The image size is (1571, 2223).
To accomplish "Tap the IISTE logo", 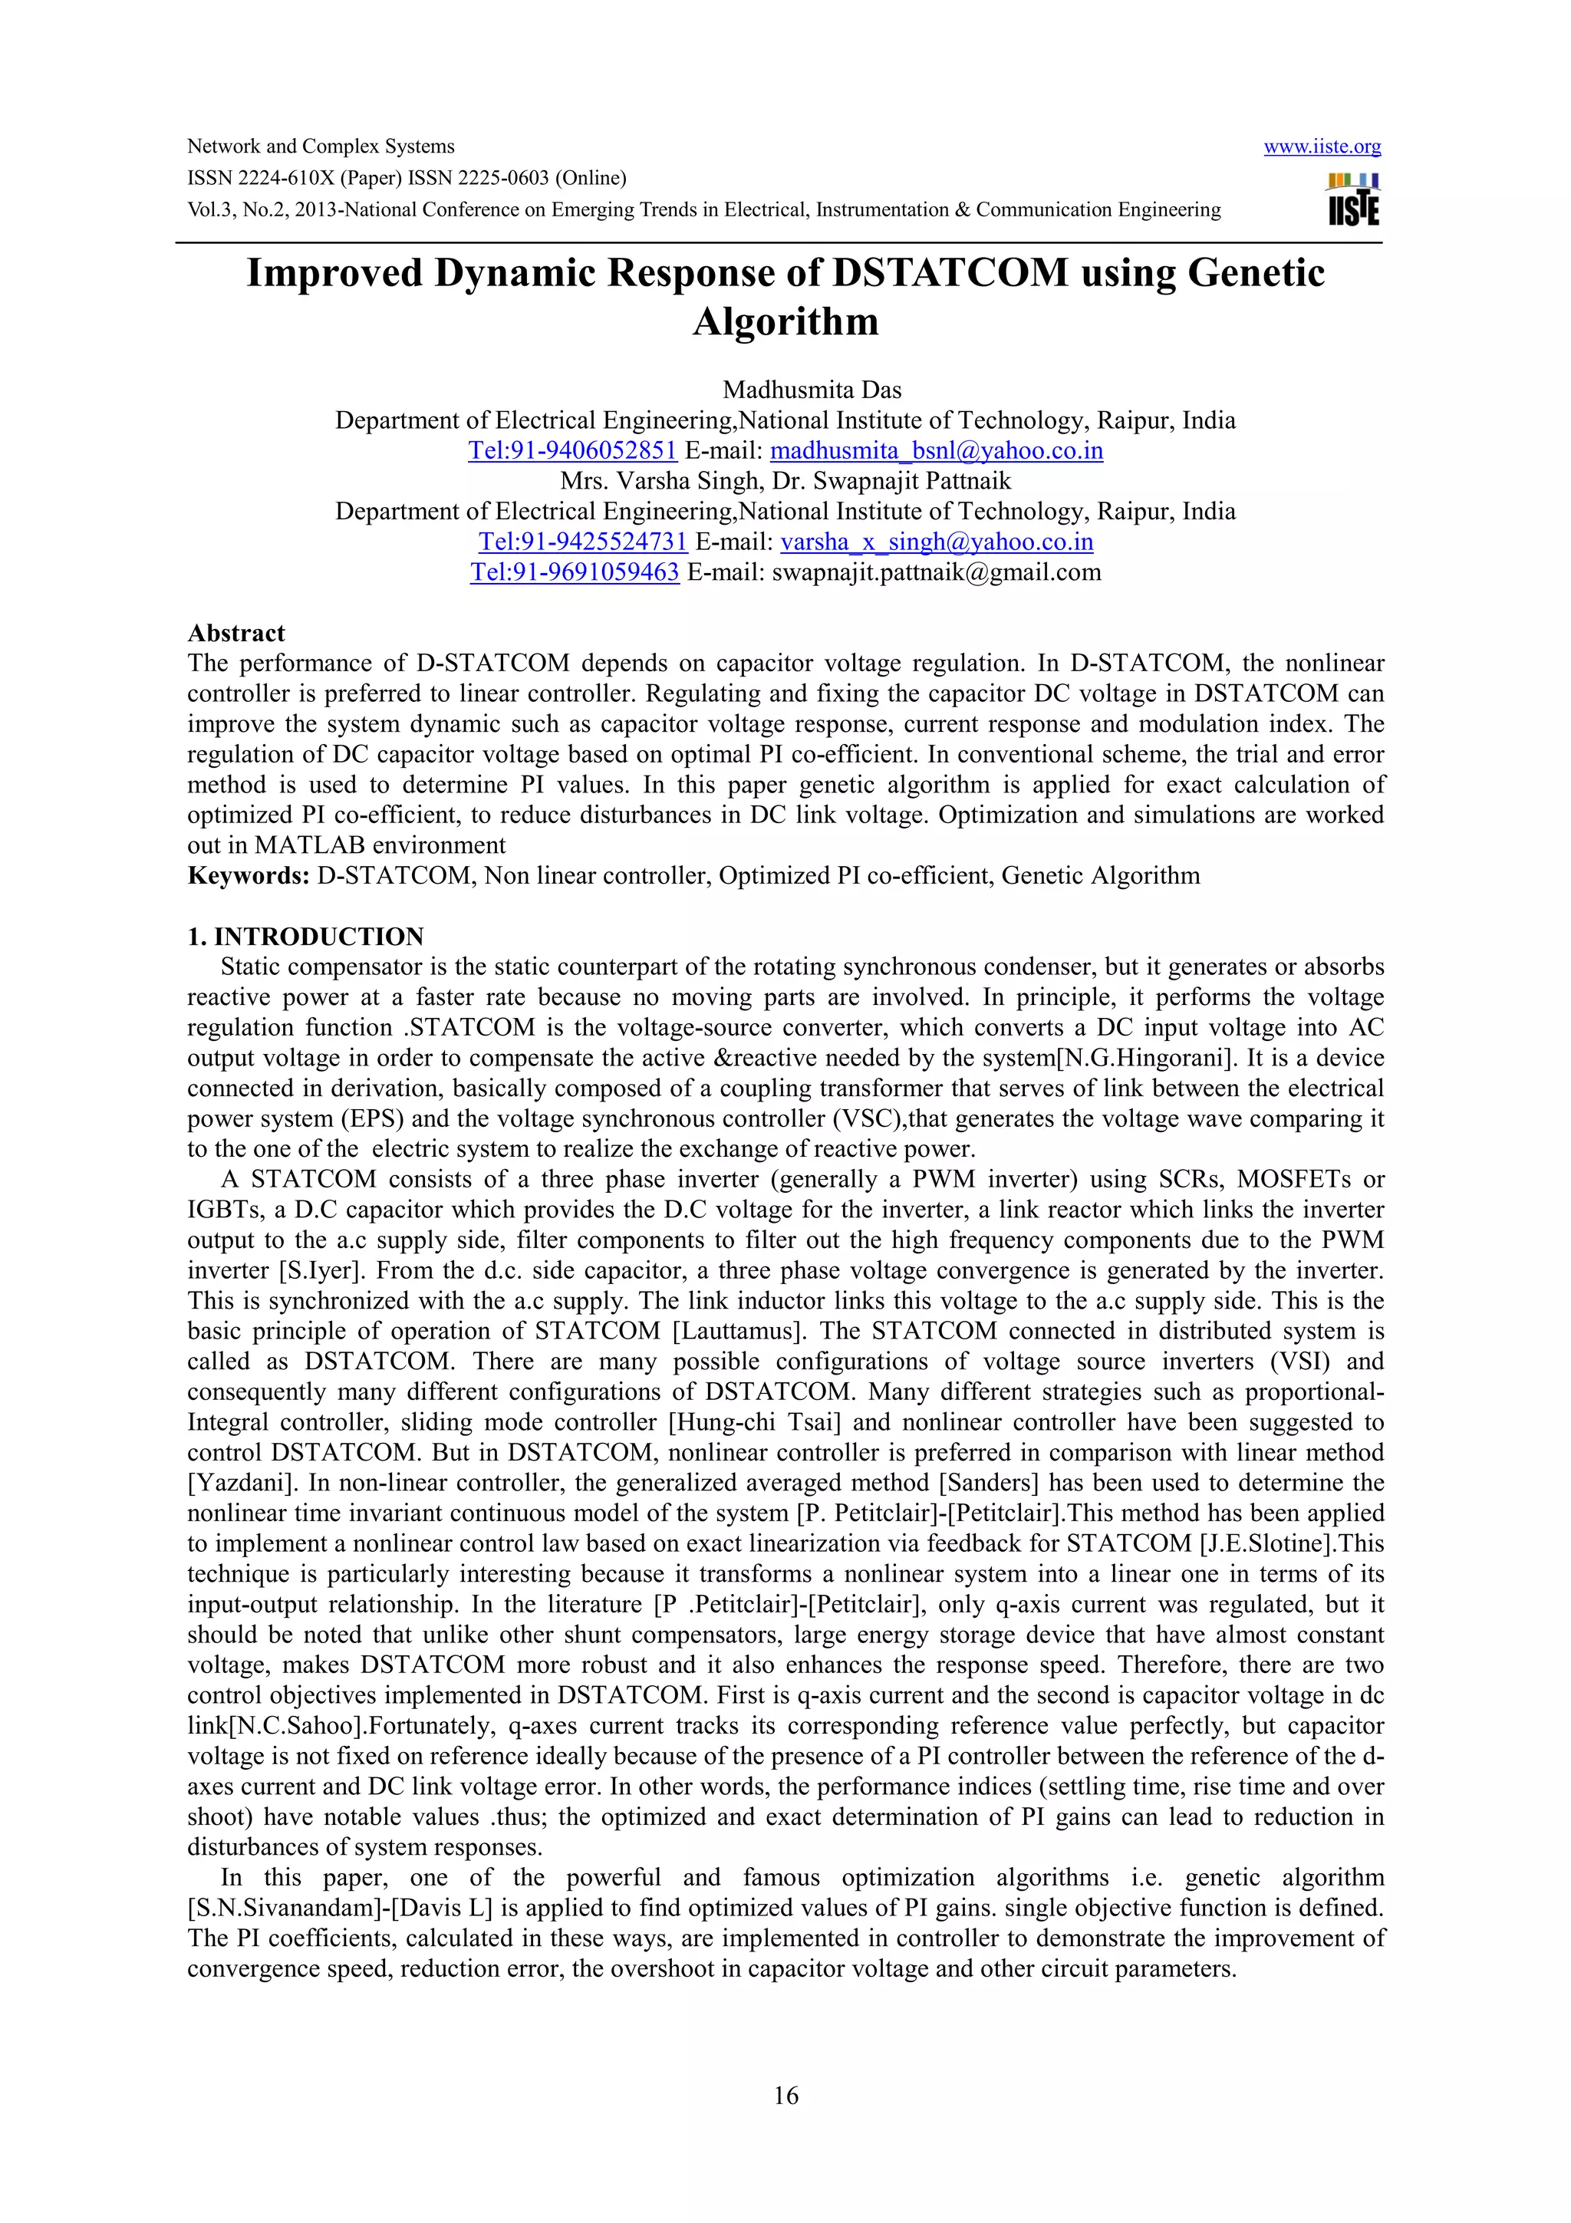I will pyautogui.click(x=1353, y=199).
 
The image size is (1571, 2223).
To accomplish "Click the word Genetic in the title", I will pyautogui.click(x=1256, y=274).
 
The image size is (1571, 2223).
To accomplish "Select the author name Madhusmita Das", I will pyautogui.click(x=811, y=390).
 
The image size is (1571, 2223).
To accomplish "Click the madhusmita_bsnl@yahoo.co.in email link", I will pyautogui.click(x=936, y=451).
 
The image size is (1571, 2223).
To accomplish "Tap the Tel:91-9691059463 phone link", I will pyautogui.click(x=575, y=572).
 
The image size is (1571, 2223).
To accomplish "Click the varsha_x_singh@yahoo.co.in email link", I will pyautogui.click(x=936, y=542).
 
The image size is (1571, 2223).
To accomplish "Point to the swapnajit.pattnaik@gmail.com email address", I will pyautogui.click(x=936, y=572).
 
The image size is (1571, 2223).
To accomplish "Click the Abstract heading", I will pyautogui.click(x=236, y=633).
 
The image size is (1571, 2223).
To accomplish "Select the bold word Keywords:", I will pyautogui.click(x=248, y=876).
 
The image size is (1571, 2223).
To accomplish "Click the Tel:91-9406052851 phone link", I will pyautogui.click(x=572, y=451).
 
